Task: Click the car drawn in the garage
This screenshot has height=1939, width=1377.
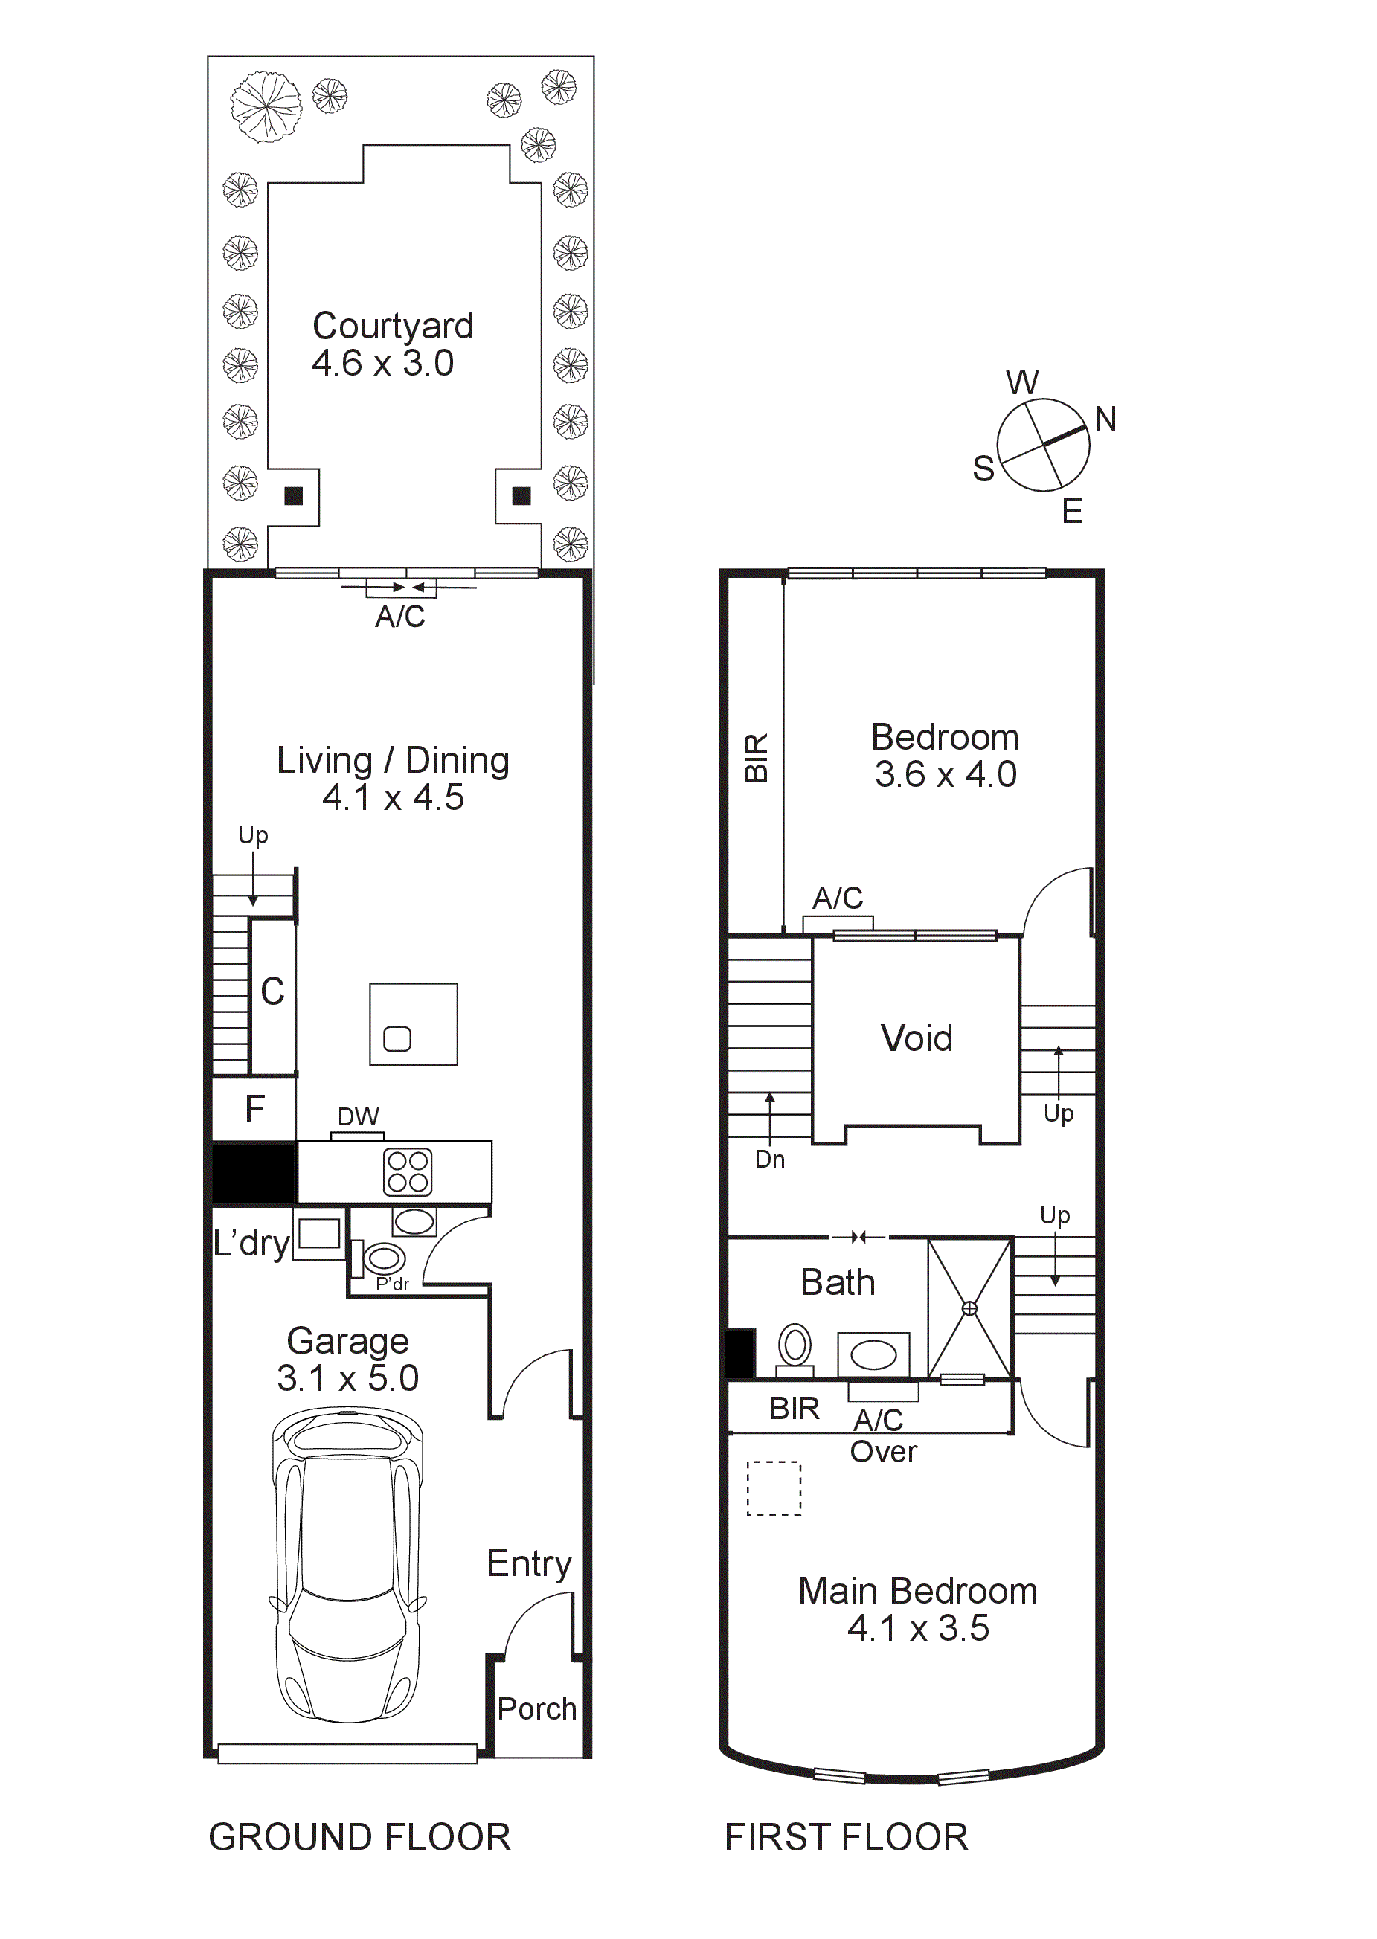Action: [347, 1568]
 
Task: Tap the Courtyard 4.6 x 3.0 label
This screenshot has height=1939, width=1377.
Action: [392, 344]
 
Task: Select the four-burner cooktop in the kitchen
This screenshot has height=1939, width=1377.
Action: [408, 1171]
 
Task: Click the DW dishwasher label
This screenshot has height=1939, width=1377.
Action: [358, 1116]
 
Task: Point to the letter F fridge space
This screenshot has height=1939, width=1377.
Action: [254, 1109]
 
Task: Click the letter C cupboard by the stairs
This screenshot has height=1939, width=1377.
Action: [272, 992]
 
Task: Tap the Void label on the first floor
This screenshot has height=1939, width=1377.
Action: [916, 1038]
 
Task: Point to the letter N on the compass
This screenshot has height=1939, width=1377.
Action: [1105, 419]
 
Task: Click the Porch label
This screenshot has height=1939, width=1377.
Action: [536, 1708]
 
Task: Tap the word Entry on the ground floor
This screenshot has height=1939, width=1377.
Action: [529, 1563]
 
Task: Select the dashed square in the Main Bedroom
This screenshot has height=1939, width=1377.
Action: [773, 1488]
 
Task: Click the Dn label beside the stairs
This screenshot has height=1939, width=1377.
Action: [770, 1159]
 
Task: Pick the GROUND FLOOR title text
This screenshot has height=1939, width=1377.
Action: [359, 1837]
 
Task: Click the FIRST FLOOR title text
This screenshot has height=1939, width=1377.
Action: [845, 1837]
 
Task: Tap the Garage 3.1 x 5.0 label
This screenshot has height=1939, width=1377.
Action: [347, 1359]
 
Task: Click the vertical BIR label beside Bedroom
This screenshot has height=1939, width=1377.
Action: [756, 757]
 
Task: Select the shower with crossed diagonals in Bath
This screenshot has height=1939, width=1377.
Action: [969, 1308]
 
